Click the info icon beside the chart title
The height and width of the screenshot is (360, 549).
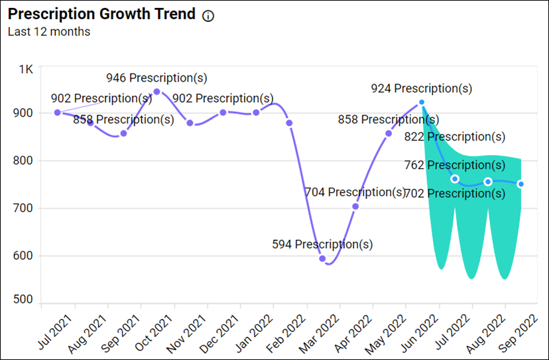click(208, 16)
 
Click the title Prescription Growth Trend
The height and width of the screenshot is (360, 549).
click(102, 14)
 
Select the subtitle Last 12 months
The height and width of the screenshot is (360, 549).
click(49, 31)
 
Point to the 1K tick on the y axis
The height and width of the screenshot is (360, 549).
click(26, 69)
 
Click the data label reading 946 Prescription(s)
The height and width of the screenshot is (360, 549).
click(156, 78)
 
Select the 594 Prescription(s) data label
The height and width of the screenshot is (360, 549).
click(322, 244)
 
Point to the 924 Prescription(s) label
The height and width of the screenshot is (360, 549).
click(421, 88)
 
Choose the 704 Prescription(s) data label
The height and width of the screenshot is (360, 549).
click(355, 192)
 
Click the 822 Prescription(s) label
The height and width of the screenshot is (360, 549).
click(455, 137)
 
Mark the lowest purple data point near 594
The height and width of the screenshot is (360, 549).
click(322, 259)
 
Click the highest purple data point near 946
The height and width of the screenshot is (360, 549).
click(156, 91)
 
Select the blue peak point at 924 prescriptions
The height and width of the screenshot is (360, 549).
click(422, 103)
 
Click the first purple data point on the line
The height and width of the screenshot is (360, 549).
click(58, 113)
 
